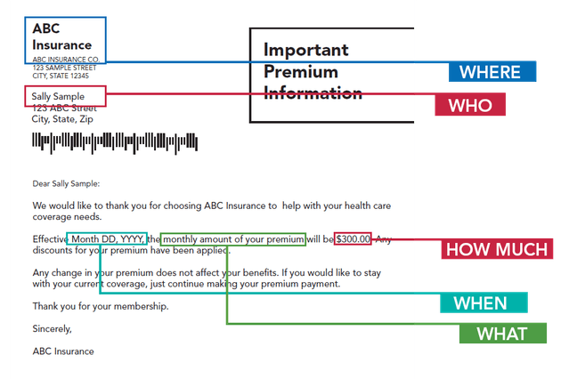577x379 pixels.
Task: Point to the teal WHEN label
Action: click(x=484, y=302)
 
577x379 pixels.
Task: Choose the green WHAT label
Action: click(x=502, y=335)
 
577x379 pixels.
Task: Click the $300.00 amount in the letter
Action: click(x=353, y=239)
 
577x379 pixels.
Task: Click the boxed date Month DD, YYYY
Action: click(x=107, y=239)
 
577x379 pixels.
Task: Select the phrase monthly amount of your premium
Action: click(x=234, y=239)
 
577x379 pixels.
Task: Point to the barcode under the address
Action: click(x=115, y=141)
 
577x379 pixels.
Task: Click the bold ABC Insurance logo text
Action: click(x=61, y=36)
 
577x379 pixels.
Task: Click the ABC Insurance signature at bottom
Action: click(x=63, y=351)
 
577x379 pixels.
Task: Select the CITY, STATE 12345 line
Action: click(x=62, y=76)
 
